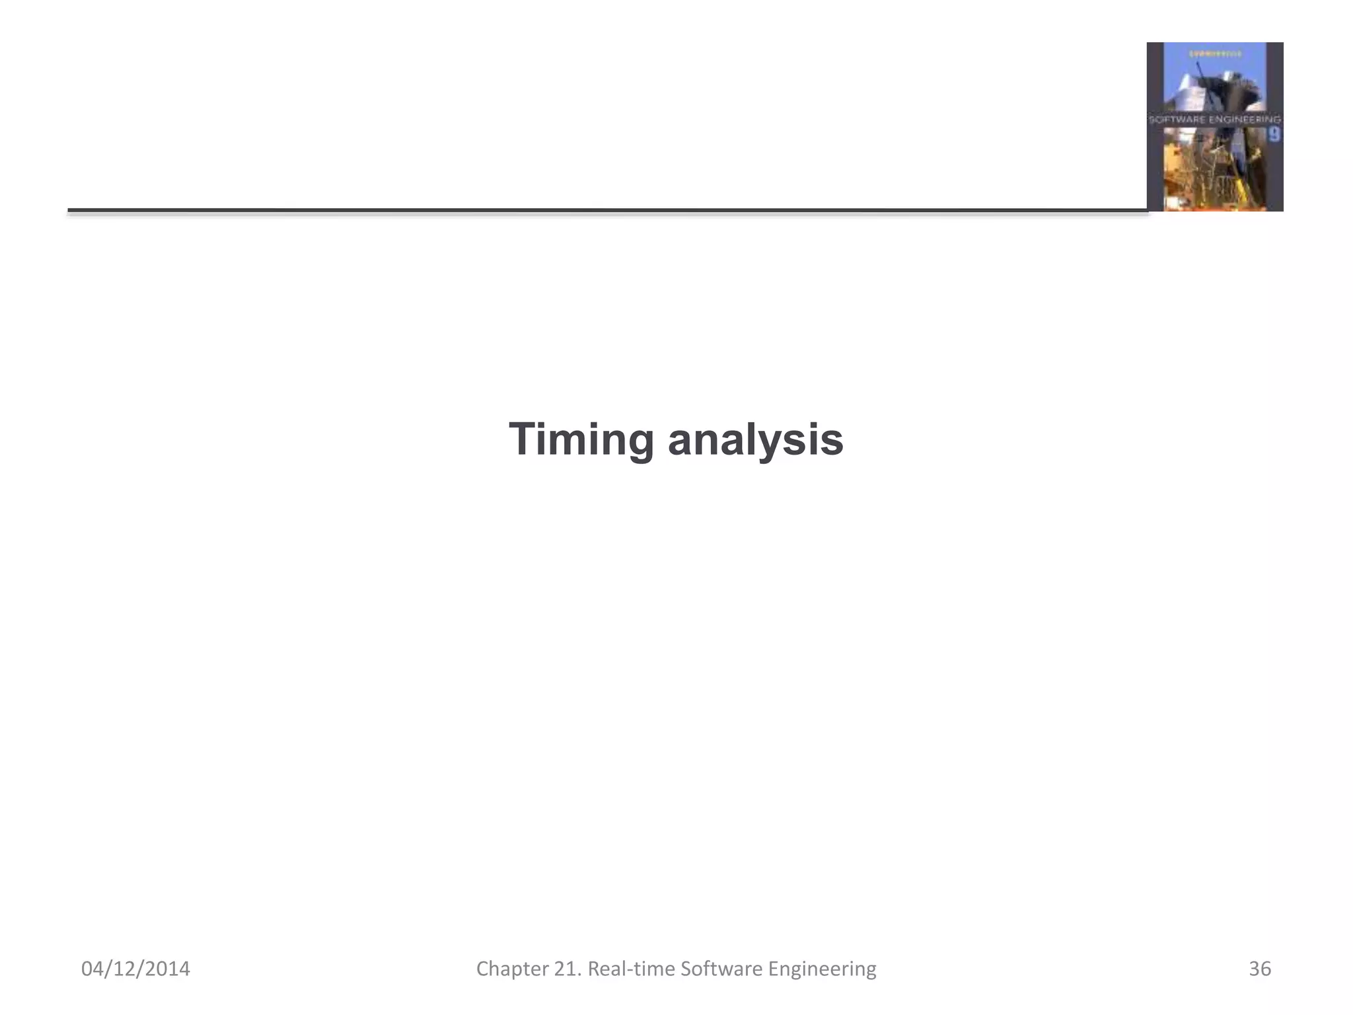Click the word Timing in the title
coord(581,440)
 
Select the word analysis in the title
coord(755,440)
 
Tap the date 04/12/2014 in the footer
coord(135,969)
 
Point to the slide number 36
coord(1259,969)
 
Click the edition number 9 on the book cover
coord(1274,135)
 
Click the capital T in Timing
coord(523,439)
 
